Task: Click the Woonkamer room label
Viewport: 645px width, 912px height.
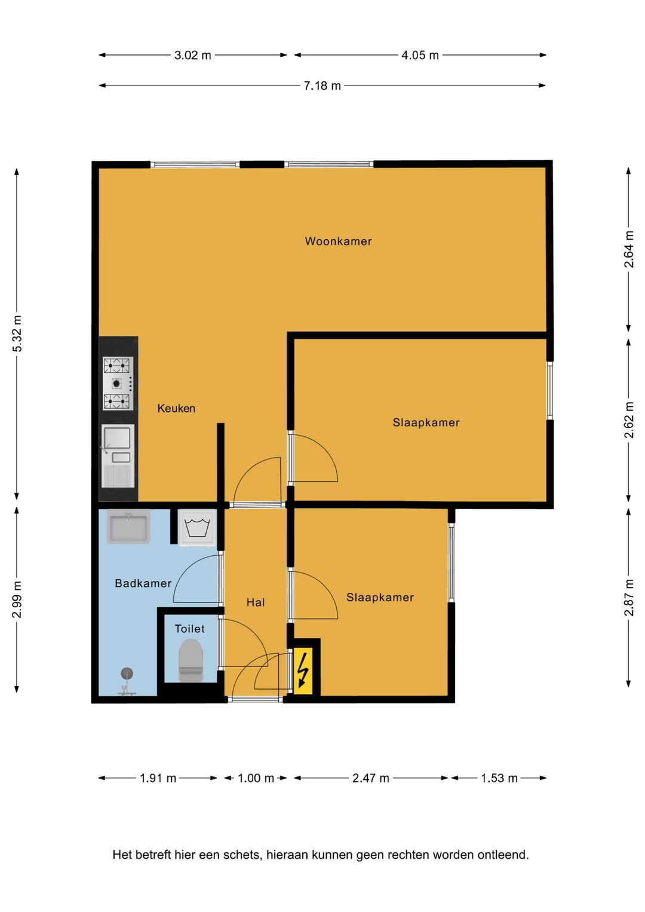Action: tap(338, 241)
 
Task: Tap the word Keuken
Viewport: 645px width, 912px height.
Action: tap(176, 408)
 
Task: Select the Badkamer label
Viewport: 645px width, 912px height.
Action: tap(143, 583)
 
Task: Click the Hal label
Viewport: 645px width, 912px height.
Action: tap(256, 602)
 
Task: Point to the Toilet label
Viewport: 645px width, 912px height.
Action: tap(190, 629)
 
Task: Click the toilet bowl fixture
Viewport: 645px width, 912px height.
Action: tap(191, 660)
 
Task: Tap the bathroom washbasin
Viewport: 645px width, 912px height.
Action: tap(128, 527)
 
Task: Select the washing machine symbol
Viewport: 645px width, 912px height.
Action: tap(197, 528)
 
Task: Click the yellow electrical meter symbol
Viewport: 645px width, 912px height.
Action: tap(303, 671)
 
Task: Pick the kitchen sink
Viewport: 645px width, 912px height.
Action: tap(118, 455)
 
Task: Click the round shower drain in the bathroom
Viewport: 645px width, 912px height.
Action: tap(127, 674)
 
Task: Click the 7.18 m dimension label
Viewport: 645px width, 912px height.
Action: tap(322, 86)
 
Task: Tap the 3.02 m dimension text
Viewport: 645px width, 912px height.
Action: tap(193, 56)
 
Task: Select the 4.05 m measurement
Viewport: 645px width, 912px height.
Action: tap(420, 56)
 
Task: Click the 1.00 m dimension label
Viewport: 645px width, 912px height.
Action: tap(256, 779)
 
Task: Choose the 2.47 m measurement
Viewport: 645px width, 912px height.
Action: tap(371, 779)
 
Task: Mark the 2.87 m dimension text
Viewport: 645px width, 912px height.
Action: tap(629, 598)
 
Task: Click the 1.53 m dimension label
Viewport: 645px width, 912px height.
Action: tap(499, 779)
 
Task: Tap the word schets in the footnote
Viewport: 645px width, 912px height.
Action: tap(244, 855)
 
